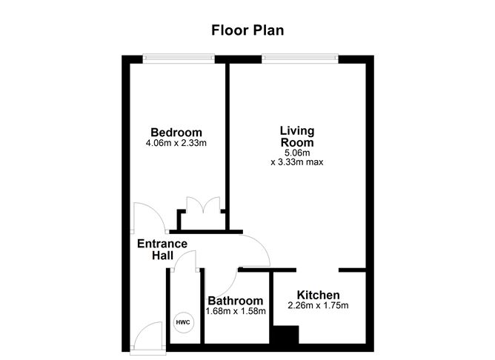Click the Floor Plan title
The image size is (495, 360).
(x=247, y=30)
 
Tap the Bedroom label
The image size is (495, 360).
(x=176, y=133)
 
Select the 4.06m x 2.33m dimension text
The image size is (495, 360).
(x=176, y=143)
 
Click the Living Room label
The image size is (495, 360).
(x=296, y=136)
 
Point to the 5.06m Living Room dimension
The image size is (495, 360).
(x=296, y=152)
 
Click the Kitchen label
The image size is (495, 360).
(x=318, y=295)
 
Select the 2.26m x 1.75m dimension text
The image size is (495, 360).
(x=318, y=305)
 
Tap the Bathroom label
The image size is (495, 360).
(x=235, y=301)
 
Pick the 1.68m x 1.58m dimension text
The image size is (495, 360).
(x=235, y=311)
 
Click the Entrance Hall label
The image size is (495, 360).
(x=162, y=249)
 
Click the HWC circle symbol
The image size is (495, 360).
(x=182, y=323)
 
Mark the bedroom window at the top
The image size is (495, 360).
(x=179, y=57)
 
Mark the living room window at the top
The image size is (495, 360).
(x=300, y=57)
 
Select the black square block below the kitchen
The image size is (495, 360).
(x=282, y=335)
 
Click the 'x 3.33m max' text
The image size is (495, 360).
(x=296, y=161)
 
